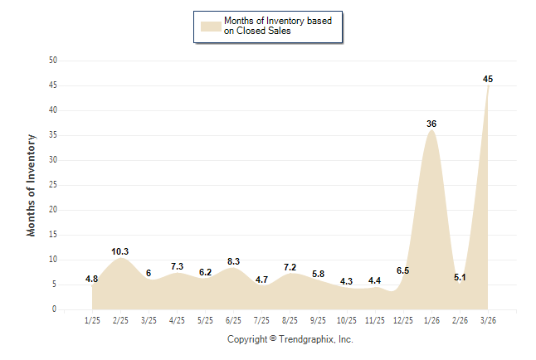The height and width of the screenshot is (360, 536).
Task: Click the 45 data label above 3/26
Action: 488,79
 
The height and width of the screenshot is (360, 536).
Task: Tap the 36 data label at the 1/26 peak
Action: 431,124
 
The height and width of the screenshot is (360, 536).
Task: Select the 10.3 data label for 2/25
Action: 120,251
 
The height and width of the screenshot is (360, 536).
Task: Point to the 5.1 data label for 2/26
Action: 460,277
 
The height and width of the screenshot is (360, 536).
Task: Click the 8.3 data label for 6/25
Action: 233,261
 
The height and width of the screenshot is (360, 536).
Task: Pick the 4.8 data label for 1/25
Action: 92,279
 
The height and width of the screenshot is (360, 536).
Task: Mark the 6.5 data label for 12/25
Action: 403,270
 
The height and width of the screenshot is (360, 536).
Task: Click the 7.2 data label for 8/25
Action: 290,267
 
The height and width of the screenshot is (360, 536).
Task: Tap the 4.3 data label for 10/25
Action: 346,281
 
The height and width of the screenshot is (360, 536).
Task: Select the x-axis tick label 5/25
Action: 205,319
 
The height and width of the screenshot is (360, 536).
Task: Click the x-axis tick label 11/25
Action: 374,319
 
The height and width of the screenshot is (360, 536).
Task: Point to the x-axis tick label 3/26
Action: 488,319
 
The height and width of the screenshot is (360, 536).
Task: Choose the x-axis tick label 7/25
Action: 261,319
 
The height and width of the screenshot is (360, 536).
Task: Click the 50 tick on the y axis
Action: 53,61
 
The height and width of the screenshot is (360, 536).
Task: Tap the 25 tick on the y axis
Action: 53,185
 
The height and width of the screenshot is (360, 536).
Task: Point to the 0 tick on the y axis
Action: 55,309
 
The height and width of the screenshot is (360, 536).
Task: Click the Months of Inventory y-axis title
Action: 32,185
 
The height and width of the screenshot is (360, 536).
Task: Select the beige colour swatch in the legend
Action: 210,26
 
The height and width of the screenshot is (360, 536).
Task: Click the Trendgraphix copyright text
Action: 290,339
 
